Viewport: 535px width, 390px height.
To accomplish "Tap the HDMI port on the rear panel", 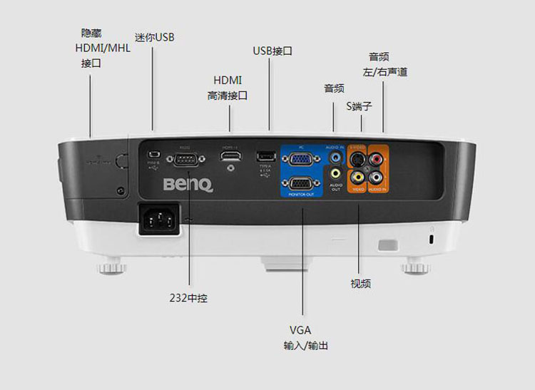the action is click(x=230, y=155).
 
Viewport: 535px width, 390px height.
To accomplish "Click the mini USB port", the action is click(x=153, y=155).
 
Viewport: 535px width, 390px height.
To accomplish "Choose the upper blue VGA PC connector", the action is click(x=302, y=160).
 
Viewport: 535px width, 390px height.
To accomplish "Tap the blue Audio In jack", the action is click(x=335, y=155).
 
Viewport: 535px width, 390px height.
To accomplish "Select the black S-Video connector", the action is click(x=358, y=160).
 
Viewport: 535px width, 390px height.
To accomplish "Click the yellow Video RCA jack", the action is click(x=358, y=177).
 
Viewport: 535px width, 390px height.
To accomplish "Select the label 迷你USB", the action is click(x=154, y=37).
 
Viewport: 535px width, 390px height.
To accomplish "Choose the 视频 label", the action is click(x=360, y=284).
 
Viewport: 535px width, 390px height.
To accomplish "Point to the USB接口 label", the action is click(x=272, y=51).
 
